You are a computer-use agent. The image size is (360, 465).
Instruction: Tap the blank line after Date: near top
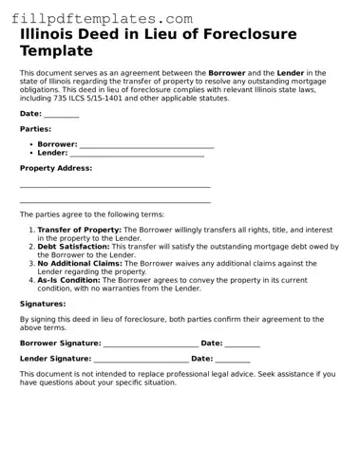(x=62, y=115)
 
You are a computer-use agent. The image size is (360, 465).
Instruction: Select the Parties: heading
(x=35, y=129)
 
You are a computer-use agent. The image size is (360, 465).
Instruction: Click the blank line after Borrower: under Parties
(x=146, y=145)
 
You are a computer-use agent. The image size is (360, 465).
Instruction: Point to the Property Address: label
(x=56, y=168)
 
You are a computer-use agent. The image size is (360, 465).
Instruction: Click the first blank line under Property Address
(x=115, y=186)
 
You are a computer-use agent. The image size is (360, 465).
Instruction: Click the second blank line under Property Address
(x=115, y=201)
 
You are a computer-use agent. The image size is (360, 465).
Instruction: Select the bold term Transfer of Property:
(x=80, y=230)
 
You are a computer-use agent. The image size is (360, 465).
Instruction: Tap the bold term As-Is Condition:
(x=68, y=280)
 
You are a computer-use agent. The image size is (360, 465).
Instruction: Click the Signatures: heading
(x=43, y=304)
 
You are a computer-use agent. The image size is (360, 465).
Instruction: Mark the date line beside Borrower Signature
(x=242, y=344)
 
